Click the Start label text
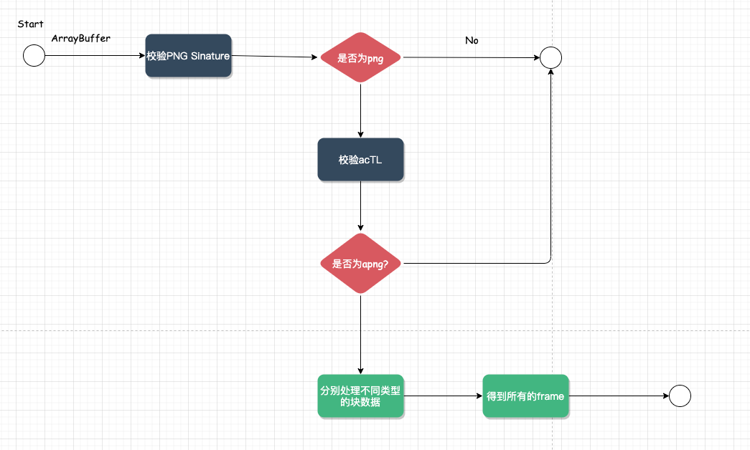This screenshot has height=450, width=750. [30, 24]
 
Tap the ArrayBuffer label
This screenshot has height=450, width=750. [81, 38]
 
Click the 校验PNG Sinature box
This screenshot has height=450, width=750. [189, 55]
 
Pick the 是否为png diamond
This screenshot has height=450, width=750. [361, 57]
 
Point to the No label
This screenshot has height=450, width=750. [472, 41]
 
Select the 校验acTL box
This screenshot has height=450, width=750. [361, 160]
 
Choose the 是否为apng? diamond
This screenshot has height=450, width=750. [361, 263]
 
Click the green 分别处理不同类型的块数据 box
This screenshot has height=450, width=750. [361, 396]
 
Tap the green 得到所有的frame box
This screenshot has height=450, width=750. [525, 396]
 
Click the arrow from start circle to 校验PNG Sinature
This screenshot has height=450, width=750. [95, 55]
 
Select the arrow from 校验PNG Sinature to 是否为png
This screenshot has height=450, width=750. [275, 57]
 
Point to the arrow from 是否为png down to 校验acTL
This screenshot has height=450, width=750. [361, 110]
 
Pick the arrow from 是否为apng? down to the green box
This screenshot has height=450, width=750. [361, 335]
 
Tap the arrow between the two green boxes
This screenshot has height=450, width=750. [443, 396]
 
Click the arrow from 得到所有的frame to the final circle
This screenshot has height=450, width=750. [619, 396]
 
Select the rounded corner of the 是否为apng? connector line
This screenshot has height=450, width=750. [549, 262]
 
